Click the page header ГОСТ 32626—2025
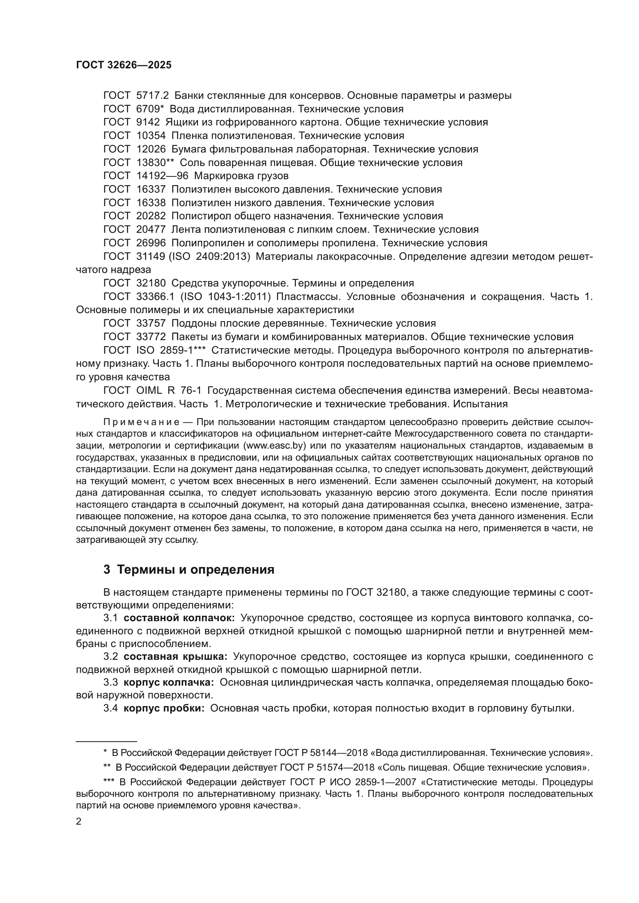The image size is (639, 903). [x=124, y=65]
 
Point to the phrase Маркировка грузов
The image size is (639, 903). [x=241, y=176]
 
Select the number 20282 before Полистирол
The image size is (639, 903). [x=151, y=216]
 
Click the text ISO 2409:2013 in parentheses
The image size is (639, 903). [x=209, y=256]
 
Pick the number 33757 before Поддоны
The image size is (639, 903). [x=151, y=323]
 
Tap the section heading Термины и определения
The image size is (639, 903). [x=195, y=569]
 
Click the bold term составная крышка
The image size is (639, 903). [x=175, y=656]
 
